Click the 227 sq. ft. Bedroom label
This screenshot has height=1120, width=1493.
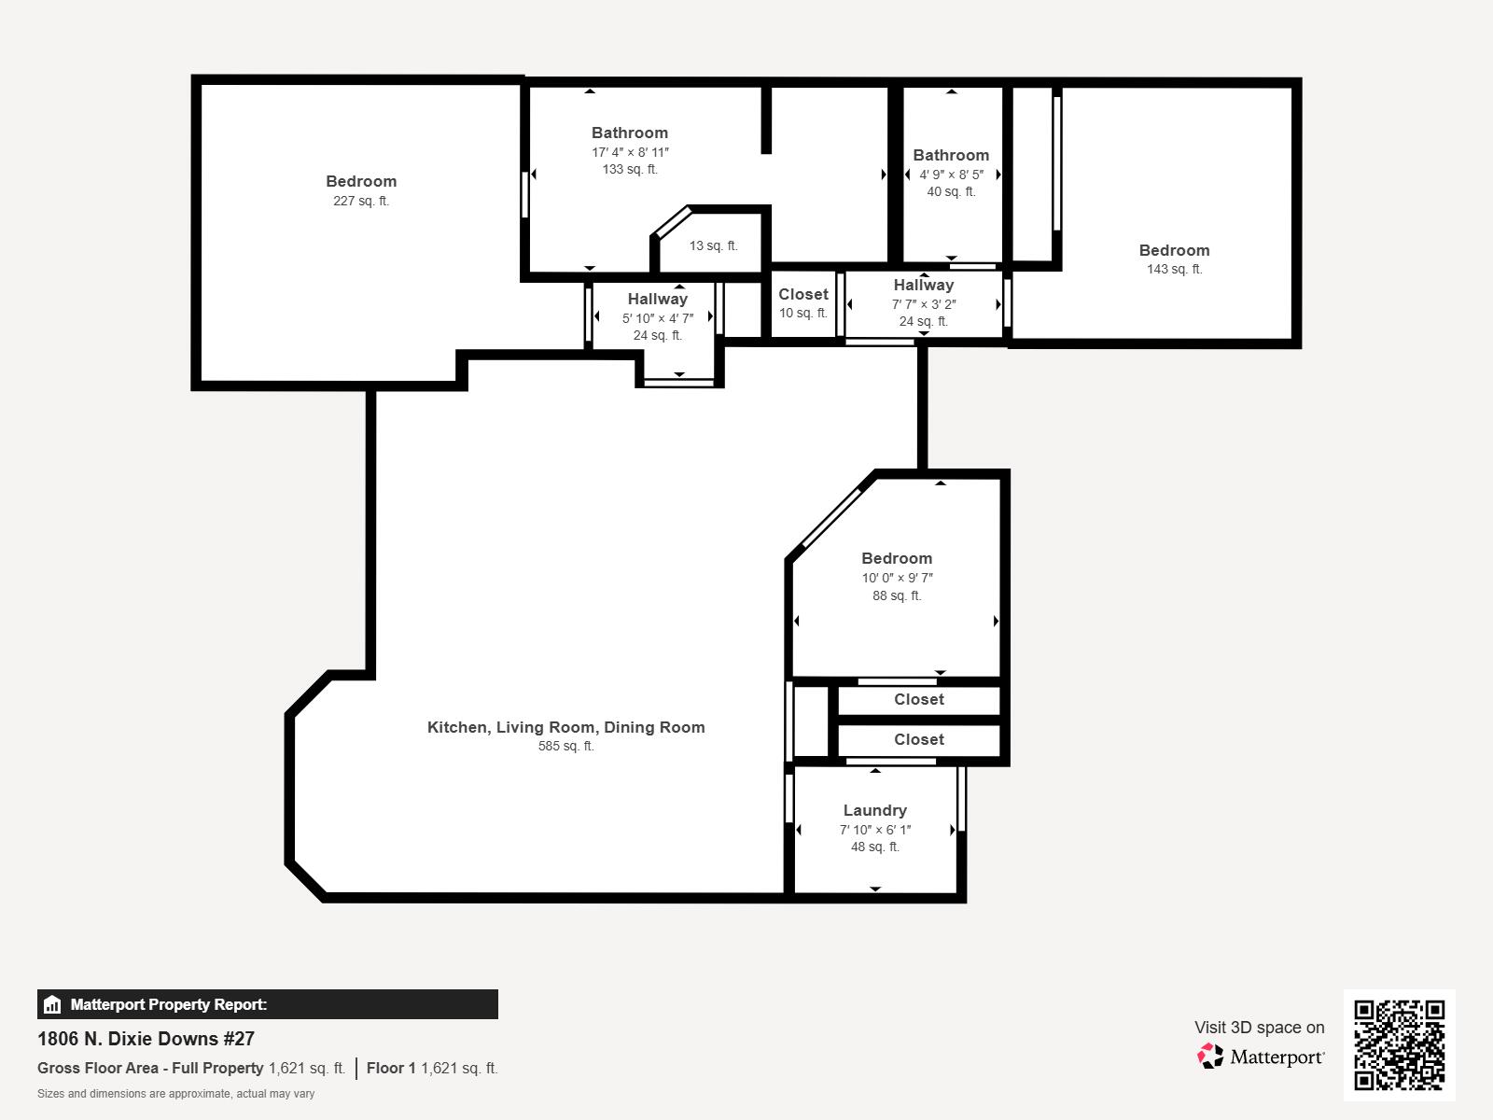(361, 182)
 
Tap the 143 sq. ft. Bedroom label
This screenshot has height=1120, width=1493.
(1174, 251)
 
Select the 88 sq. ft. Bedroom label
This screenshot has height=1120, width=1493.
(896, 559)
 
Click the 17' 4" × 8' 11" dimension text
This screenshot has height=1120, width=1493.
(630, 152)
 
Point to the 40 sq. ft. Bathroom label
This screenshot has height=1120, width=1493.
(951, 156)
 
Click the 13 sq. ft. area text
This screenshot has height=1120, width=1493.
(713, 246)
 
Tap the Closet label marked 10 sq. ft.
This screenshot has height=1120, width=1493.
(802, 295)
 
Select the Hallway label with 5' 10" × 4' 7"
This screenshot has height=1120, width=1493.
(657, 300)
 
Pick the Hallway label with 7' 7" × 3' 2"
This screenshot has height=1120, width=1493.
(923, 286)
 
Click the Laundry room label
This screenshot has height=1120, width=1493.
(874, 811)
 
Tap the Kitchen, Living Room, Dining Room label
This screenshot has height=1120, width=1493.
(565, 728)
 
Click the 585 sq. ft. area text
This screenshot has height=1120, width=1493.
(565, 747)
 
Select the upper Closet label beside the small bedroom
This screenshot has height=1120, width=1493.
(918, 700)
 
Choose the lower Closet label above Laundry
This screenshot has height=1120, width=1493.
(918, 740)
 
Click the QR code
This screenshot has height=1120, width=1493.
(1399, 1044)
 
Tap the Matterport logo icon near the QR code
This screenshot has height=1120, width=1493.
(1210, 1057)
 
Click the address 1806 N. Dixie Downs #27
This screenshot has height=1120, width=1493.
(146, 1039)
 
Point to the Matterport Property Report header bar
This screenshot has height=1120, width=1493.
(267, 1004)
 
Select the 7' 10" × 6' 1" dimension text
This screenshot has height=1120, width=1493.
(874, 830)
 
